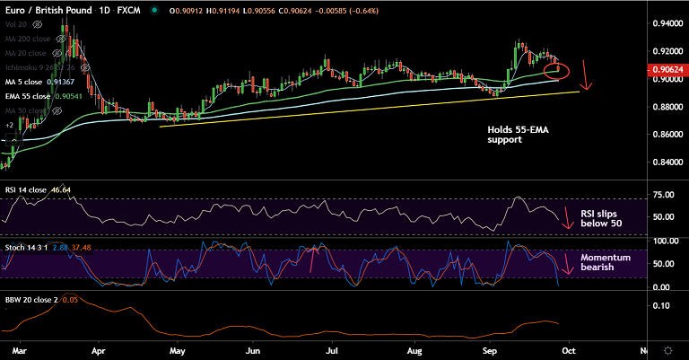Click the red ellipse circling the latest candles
tap(557, 69)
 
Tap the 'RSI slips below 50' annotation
tap(599, 219)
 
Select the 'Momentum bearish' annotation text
tap(606, 262)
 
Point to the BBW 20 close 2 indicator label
tap(31, 299)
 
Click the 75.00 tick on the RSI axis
tap(664, 195)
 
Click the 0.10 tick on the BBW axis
tap(660, 306)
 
